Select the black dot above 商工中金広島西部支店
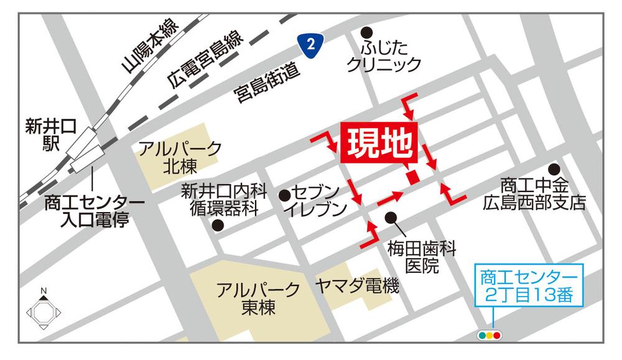[553, 168]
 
